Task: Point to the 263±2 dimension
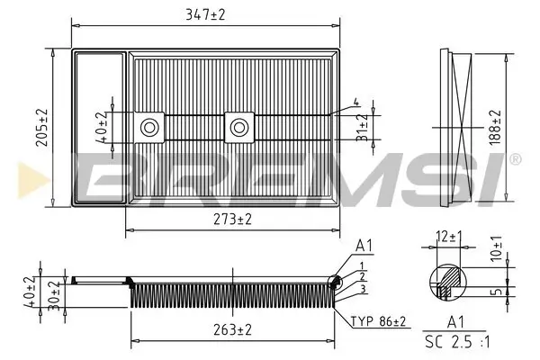(231, 329)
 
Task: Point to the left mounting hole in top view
(148, 127)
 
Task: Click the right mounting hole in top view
(238, 127)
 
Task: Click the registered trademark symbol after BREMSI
(514, 159)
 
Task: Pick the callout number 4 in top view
(356, 102)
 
